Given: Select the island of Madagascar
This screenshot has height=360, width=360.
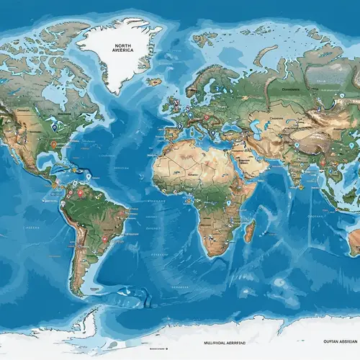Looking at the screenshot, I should tap(249, 230).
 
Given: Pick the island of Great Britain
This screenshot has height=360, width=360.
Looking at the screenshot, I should tap(174, 106).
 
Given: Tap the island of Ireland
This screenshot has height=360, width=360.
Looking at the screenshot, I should tap(165, 108).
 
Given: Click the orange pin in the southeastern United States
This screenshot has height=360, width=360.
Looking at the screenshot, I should tap(53, 144).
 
